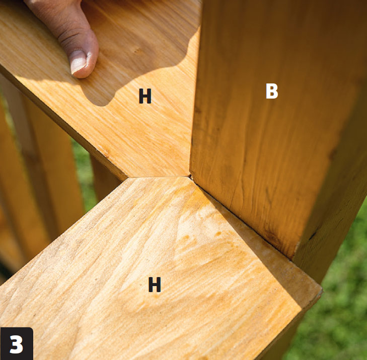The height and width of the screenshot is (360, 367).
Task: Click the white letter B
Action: click(272, 91)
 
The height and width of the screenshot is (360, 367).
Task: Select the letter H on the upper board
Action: click(145, 96)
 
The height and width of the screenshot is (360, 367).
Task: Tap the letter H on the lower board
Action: click(155, 284)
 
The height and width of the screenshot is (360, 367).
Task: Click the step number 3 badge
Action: click(17, 343)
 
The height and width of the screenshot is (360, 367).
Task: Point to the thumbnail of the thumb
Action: click(79, 61)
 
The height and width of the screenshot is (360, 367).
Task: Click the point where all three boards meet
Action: click(190, 176)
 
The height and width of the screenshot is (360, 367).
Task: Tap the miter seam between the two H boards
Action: click(159, 177)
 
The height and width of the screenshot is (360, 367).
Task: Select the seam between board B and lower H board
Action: click(241, 217)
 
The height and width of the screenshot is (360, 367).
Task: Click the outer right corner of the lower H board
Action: click(321, 290)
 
